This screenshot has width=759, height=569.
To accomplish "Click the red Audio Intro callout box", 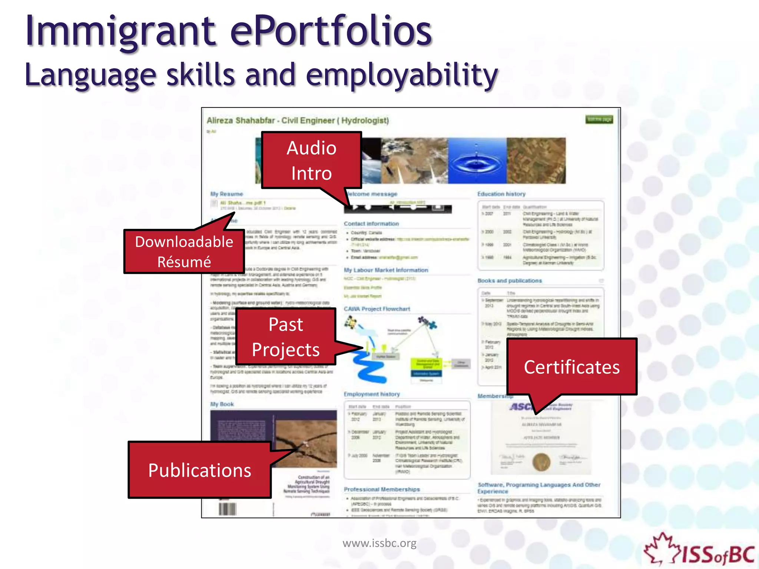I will [x=311, y=160].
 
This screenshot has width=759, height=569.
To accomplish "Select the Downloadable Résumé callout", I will [x=184, y=252].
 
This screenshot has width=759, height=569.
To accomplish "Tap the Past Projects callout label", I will [x=286, y=337].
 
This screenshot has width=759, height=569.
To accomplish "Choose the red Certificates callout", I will [x=571, y=367].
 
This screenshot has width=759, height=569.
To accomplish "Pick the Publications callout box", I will [x=200, y=470].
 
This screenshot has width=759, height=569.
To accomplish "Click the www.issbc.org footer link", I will [x=379, y=543].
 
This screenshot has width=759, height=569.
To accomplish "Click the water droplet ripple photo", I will [x=477, y=161].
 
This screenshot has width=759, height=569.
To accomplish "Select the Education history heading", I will [x=501, y=194].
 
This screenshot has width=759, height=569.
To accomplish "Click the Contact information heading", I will [x=371, y=224].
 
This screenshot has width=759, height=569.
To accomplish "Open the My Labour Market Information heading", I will [x=386, y=270].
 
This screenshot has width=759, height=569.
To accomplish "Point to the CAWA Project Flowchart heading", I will [x=377, y=309].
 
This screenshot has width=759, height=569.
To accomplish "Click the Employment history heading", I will [x=372, y=394].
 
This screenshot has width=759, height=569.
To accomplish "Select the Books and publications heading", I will [x=510, y=281].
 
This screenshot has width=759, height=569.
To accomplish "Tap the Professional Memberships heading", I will [x=382, y=489].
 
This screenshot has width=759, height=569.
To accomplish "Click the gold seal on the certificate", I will [x=541, y=462].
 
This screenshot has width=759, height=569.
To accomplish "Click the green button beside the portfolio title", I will [x=599, y=119].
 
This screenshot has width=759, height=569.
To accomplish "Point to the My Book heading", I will [x=222, y=404].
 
